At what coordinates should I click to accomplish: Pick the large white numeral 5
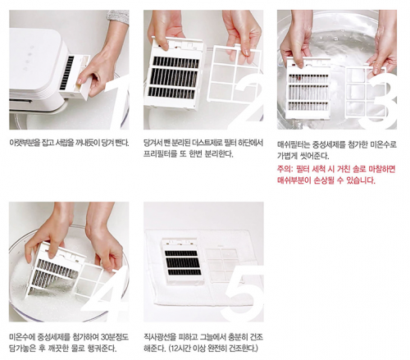(242, 294)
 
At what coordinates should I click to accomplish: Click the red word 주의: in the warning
(285, 169)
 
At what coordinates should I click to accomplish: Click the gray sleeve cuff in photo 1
(118, 17)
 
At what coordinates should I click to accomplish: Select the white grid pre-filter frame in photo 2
(235, 74)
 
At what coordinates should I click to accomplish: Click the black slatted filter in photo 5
(183, 262)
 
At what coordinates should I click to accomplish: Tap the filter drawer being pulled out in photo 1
(75, 76)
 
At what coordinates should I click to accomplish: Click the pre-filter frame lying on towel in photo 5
(221, 264)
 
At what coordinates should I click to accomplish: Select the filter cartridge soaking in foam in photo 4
(55, 271)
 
